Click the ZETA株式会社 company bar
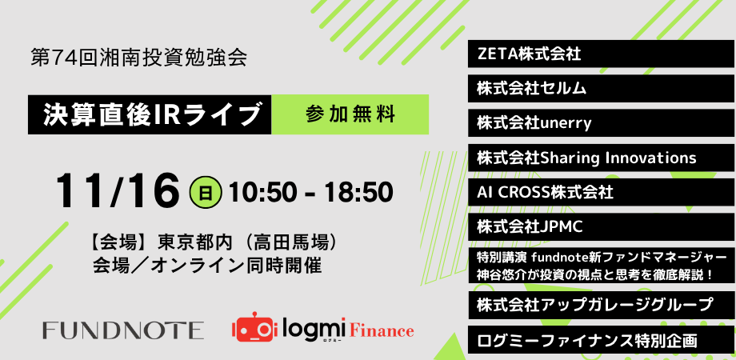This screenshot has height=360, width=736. coord(601,54)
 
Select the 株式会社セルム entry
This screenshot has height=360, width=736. coord(601,88)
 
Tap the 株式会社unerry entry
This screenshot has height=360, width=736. coord(601,123)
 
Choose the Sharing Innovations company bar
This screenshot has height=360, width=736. coord(601,158)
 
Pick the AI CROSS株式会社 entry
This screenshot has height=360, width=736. coord(601,192)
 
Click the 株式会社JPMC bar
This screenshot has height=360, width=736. coord(601,226)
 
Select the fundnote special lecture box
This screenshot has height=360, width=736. coord(601,266)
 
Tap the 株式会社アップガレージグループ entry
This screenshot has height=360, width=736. coord(601,305)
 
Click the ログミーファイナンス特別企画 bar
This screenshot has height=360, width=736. coord(601,340)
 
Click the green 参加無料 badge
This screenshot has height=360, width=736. coord(350,114)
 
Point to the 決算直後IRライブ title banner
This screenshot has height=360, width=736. coord(150,114)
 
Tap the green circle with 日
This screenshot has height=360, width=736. coord(206,194)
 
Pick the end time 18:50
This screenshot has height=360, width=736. coord(360,193)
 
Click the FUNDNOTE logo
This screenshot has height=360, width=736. coord(123,330)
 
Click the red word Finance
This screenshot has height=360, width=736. coord(381,330)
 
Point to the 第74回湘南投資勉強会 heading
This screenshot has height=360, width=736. coord(138,58)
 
